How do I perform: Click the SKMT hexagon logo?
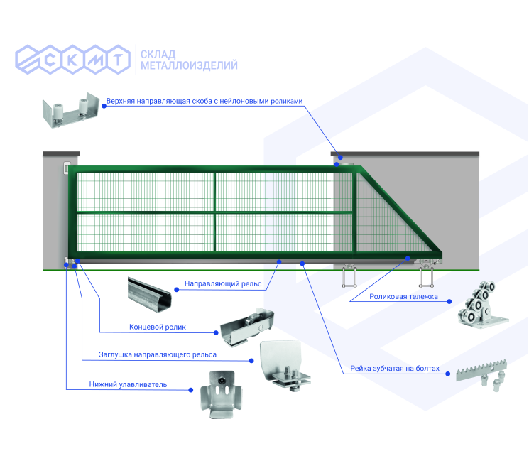pyautogui.click(x=75, y=60)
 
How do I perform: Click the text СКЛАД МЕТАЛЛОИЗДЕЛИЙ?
pyautogui.click(x=189, y=60)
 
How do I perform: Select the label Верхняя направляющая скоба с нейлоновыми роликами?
pyautogui.click(x=204, y=101)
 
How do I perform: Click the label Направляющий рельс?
pyautogui.click(x=223, y=284)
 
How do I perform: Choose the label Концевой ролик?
pyautogui.click(x=158, y=327)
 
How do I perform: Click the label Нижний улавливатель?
pyautogui.click(x=128, y=384)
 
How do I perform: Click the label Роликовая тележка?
pyautogui.click(x=403, y=296)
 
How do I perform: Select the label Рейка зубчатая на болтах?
pyautogui.click(x=395, y=369)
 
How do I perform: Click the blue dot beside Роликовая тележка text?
pyautogui.click(x=450, y=301)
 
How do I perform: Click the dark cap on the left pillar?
pyautogui.click(x=62, y=153)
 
